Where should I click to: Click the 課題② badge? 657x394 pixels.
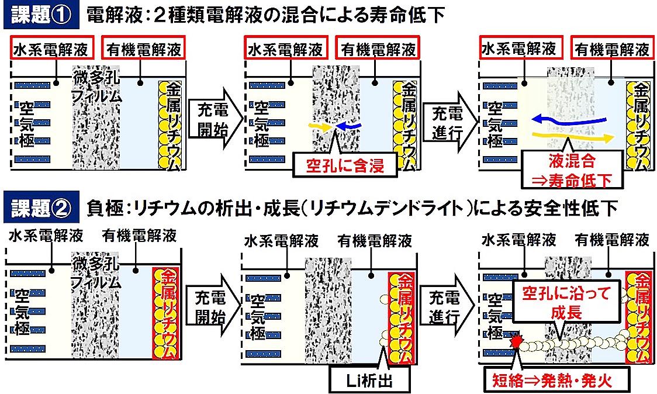click(40, 208)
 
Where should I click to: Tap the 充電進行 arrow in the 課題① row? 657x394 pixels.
click(447, 119)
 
